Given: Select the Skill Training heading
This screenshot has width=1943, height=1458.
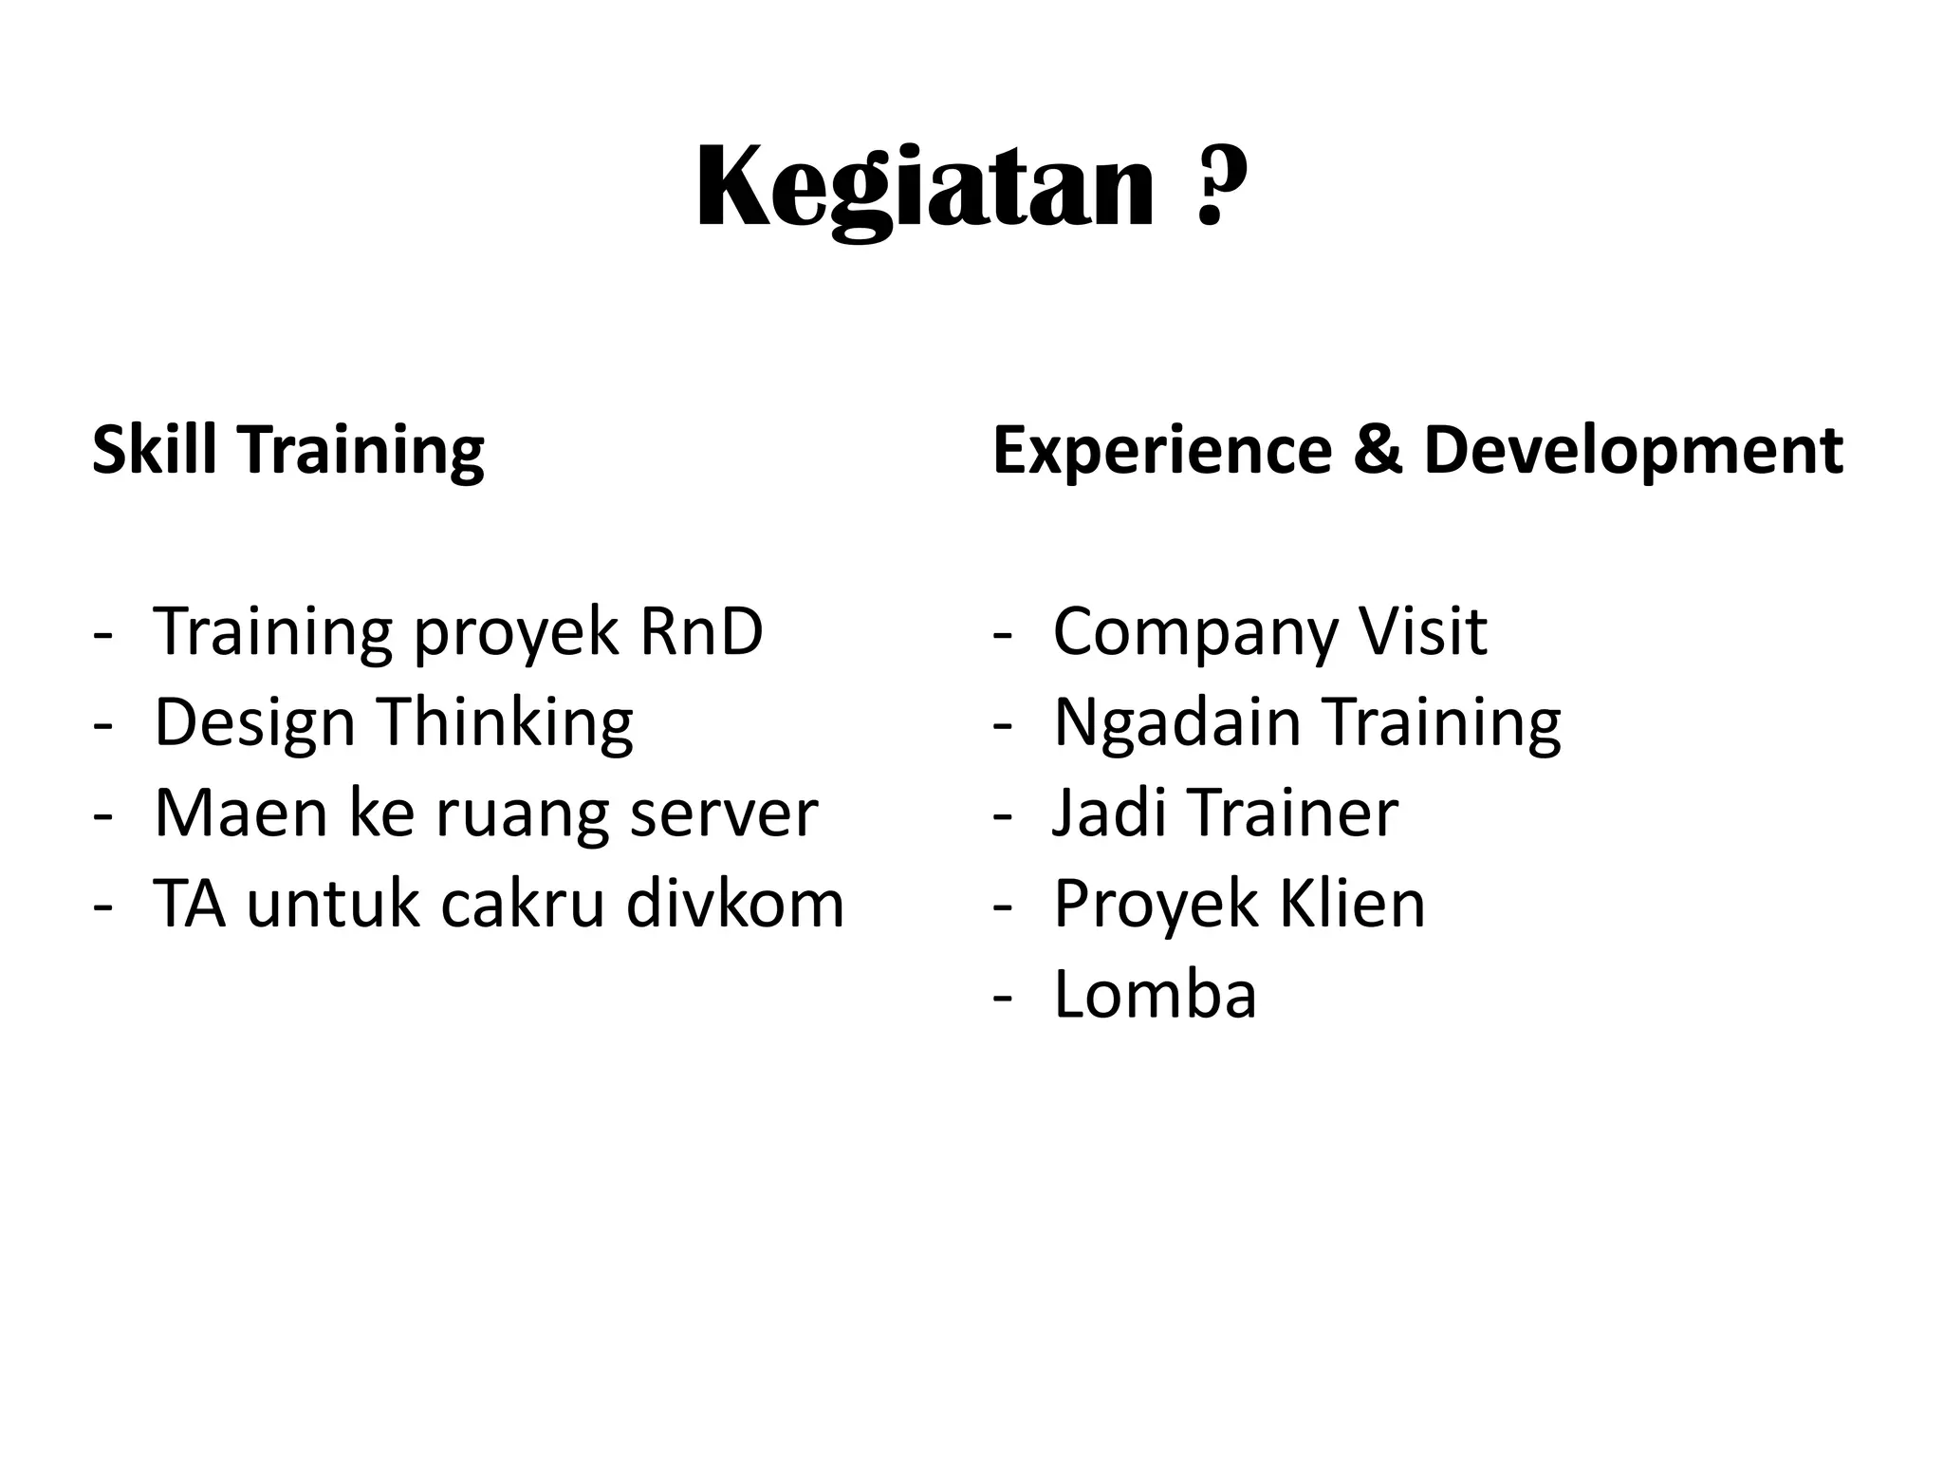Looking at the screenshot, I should tap(287, 450).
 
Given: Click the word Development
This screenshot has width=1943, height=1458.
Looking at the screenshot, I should tap(1633, 451).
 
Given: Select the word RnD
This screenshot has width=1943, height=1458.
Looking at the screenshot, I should tap(701, 631).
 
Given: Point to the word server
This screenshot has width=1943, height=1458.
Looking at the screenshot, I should tap(723, 813).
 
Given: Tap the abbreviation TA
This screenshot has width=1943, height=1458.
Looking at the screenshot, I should tap(190, 904).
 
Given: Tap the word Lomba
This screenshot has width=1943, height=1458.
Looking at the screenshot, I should tap(1155, 994).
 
